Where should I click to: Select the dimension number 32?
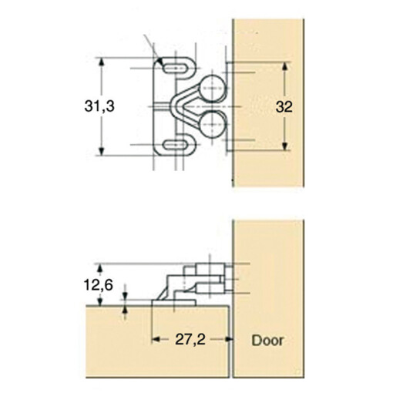[284, 108]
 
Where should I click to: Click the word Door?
[267, 339]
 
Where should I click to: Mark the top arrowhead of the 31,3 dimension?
[101, 62]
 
